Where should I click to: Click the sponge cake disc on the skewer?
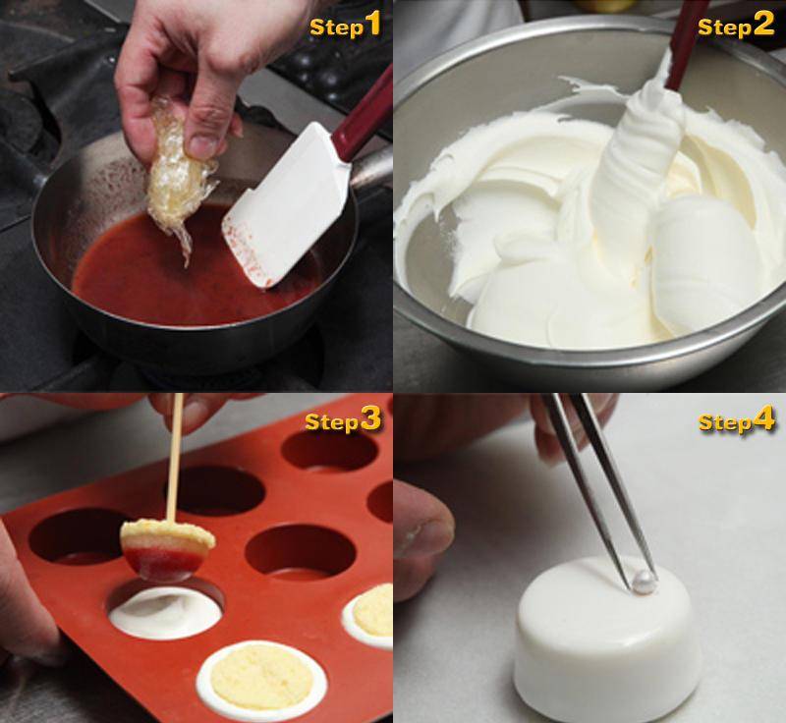coord(167,534)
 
